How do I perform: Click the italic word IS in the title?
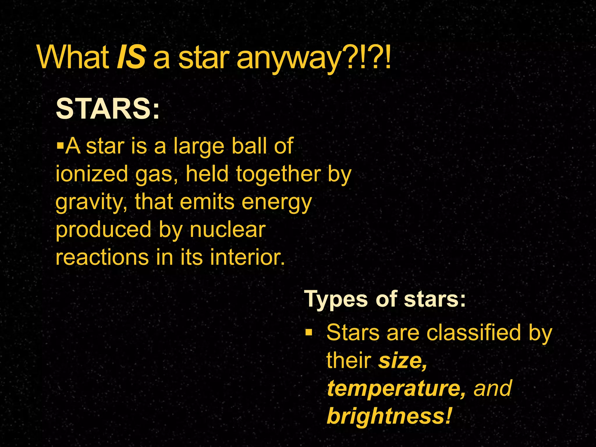click(x=131, y=58)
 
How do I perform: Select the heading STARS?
click(x=108, y=109)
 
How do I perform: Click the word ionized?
click(x=92, y=174)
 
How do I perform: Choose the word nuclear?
click(x=228, y=229)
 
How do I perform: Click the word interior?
click(x=247, y=257)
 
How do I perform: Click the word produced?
click(x=104, y=230)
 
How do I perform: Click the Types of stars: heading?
click(x=385, y=299)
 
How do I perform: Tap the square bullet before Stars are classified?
click(x=309, y=332)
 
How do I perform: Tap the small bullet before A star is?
click(x=60, y=145)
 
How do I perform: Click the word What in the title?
click(x=73, y=58)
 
